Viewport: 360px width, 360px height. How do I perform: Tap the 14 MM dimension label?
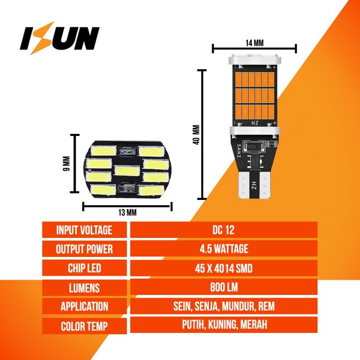pos(254,43)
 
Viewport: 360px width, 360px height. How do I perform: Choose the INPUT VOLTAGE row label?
pos(84,230)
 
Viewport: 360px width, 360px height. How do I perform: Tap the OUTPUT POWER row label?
pos(84,249)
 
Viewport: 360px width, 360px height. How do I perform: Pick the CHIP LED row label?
pos(84,268)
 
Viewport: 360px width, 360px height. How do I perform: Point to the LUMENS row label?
pos(84,288)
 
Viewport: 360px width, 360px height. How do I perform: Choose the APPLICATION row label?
pos(84,306)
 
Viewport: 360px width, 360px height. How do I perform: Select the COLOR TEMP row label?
pos(84,326)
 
